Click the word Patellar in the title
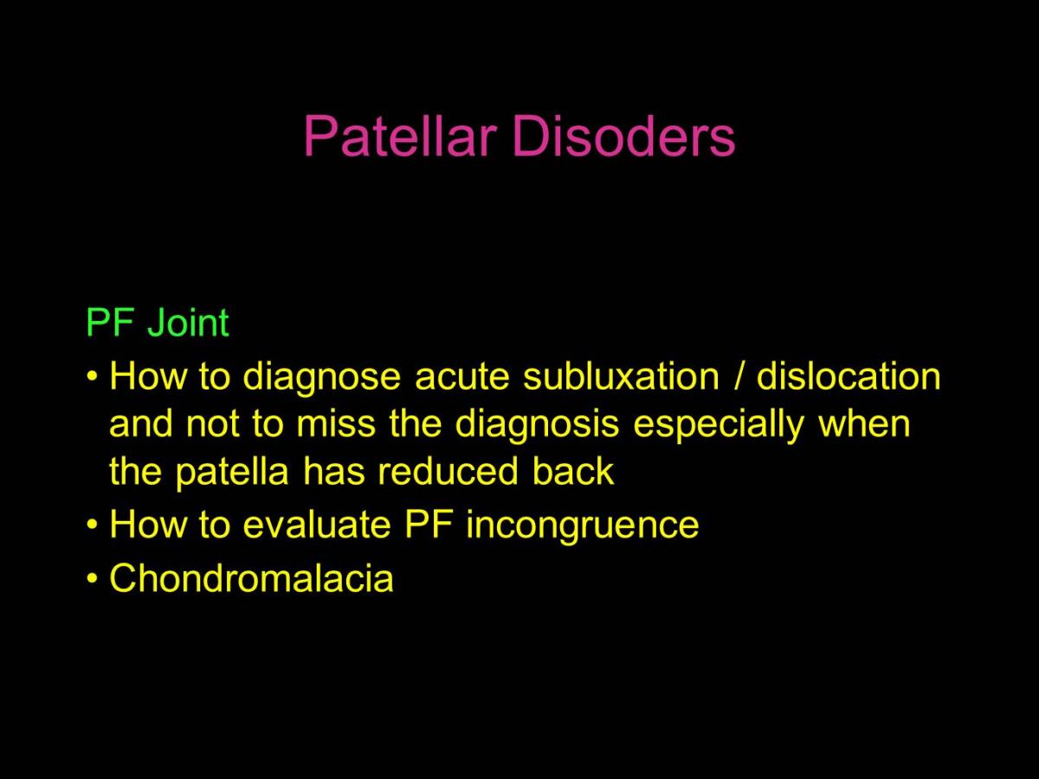[400, 136]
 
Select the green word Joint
[189, 322]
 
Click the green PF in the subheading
[110, 322]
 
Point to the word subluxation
[621, 377]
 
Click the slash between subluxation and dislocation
[739, 377]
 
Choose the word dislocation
[849, 377]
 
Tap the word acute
[461, 377]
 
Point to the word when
[864, 424]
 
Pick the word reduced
[448, 471]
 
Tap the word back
[573, 471]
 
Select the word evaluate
[317, 525]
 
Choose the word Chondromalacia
[251, 578]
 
